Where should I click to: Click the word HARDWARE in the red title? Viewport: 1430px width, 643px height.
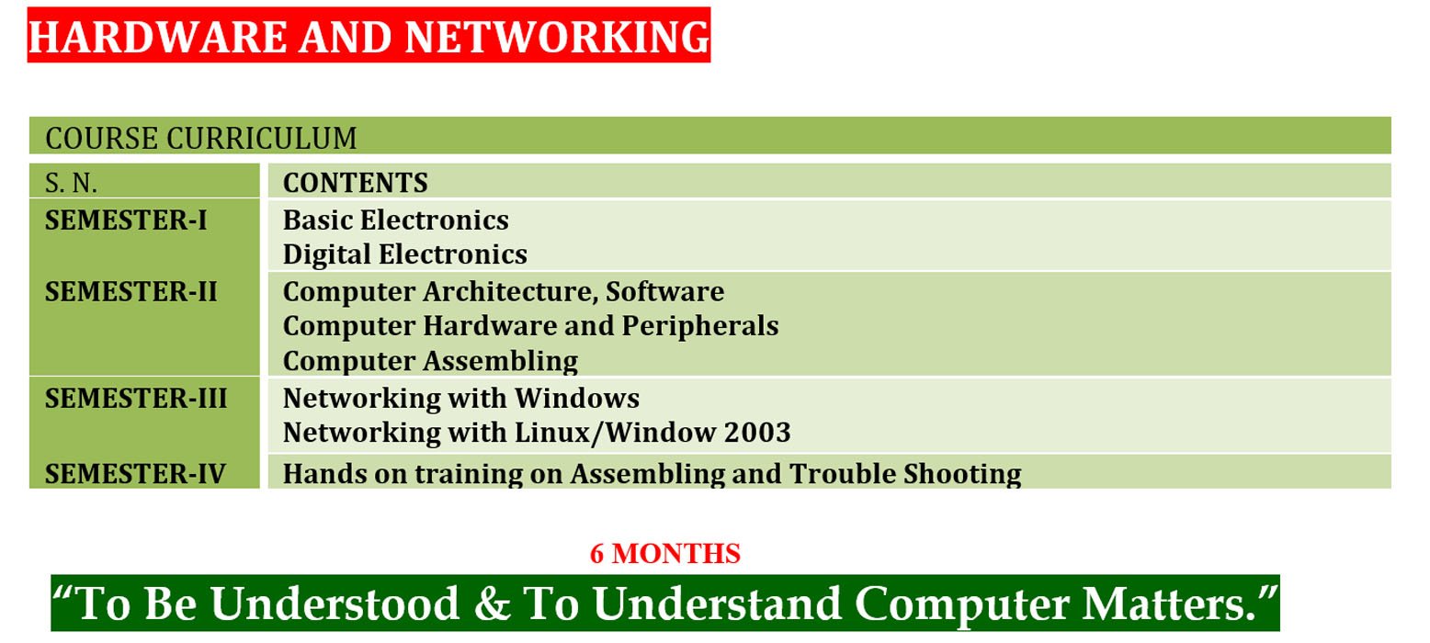[x=158, y=37]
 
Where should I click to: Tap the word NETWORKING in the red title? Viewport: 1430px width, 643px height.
[x=557, y=37]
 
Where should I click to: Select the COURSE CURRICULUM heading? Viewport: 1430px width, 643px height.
[x=201, y=139]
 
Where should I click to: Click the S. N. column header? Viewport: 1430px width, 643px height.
[x=71, y=184]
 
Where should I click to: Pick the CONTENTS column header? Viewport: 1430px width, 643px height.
[x=356, y=183]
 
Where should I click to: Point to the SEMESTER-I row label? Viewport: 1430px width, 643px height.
[x=127, y=220]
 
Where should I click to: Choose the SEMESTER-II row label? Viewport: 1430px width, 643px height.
[x=131, y=291]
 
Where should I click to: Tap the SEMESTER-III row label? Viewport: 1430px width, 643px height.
[x=136, y=398]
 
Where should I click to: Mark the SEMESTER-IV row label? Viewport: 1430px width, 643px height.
[x=135, y=474]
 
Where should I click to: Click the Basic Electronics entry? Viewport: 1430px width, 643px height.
[x=396, y=220]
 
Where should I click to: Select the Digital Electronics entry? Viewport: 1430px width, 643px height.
[x=405, y=254]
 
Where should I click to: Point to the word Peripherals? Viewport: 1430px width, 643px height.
[x=700, y=327]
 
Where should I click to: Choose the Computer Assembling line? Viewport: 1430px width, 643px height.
[x=431, y=362]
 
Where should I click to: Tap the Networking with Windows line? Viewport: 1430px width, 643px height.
[x=461, y=399]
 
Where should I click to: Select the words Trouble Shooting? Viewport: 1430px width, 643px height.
[x=905, y=475]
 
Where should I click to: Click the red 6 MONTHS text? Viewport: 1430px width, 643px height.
[x=665, y=554]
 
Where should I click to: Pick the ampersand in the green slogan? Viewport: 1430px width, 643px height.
[x=493, y=604]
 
